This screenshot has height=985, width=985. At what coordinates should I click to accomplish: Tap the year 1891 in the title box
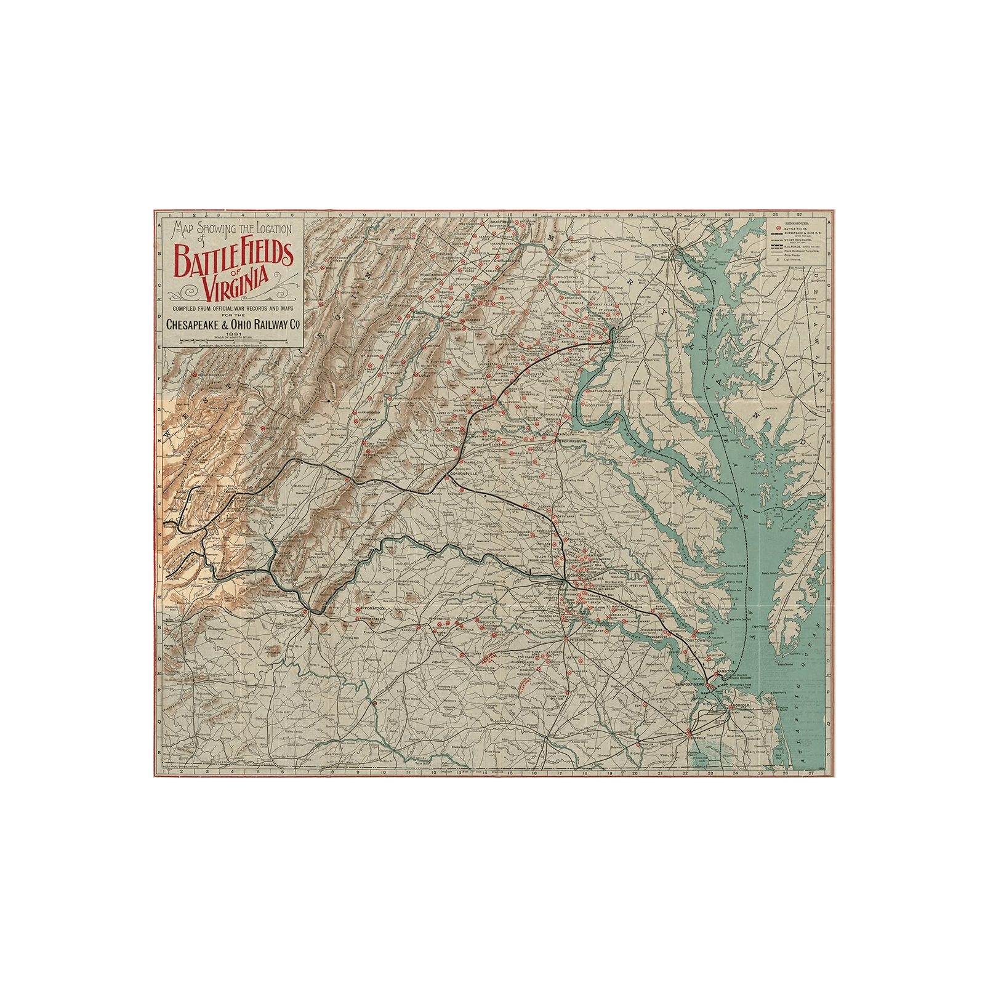click(x=231, y=334)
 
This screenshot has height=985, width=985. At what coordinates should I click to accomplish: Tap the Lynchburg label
click(x=292, y=615)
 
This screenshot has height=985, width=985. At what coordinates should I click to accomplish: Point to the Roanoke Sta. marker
click(x=374, y=701)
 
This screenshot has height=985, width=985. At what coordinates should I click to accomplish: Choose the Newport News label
click(x=688, y=685)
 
